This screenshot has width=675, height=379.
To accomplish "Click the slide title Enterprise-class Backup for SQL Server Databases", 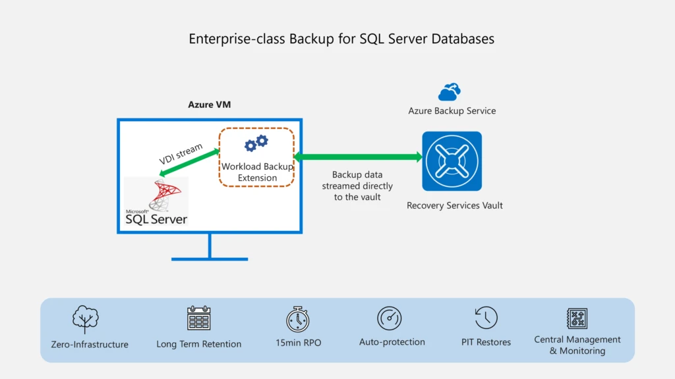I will (341, 39).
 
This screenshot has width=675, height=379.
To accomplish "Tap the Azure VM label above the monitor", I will (210, 105).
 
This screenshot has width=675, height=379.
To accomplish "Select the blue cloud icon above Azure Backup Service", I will (450, 91).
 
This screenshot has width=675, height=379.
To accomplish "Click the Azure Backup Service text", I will (452, 111).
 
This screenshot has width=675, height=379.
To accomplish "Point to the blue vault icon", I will (452, 161).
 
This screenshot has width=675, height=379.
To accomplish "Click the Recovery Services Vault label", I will (454, 205).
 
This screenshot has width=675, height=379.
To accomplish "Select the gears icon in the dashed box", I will (256, 143).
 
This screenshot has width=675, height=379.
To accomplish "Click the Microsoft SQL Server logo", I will (157, 201).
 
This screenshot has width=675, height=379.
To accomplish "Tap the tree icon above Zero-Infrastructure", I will (86, 319).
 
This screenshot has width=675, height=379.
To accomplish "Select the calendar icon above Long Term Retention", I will (198, 318).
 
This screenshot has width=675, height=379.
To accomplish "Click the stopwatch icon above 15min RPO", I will (298, 318).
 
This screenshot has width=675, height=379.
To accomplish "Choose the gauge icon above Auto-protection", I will (390, 318).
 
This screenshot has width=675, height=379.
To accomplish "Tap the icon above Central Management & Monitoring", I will (577, 318).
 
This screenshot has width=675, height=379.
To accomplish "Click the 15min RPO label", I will (299, 343).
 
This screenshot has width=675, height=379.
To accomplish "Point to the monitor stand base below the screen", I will (210, 258).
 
